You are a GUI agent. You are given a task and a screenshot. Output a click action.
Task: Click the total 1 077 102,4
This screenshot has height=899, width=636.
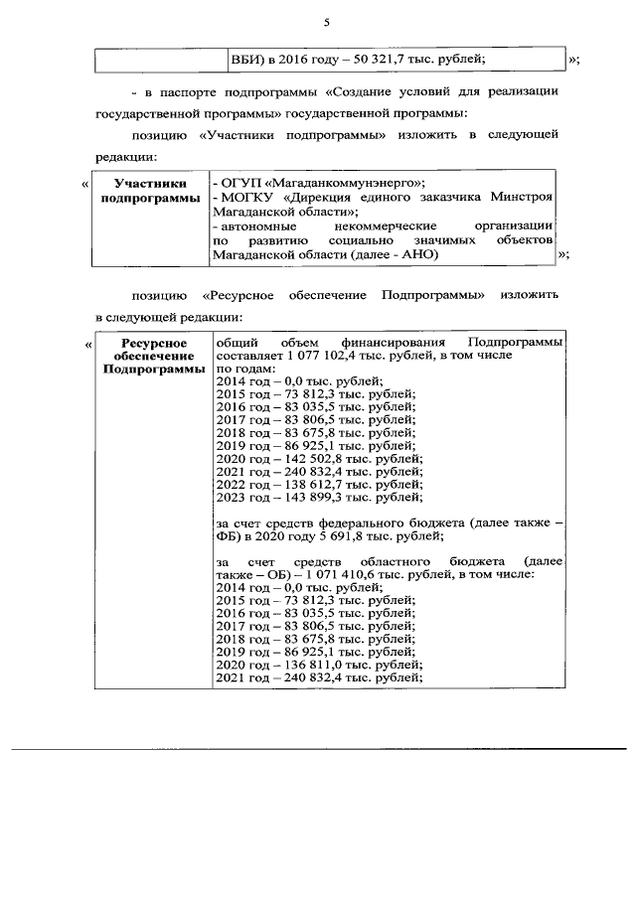[327, 355]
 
